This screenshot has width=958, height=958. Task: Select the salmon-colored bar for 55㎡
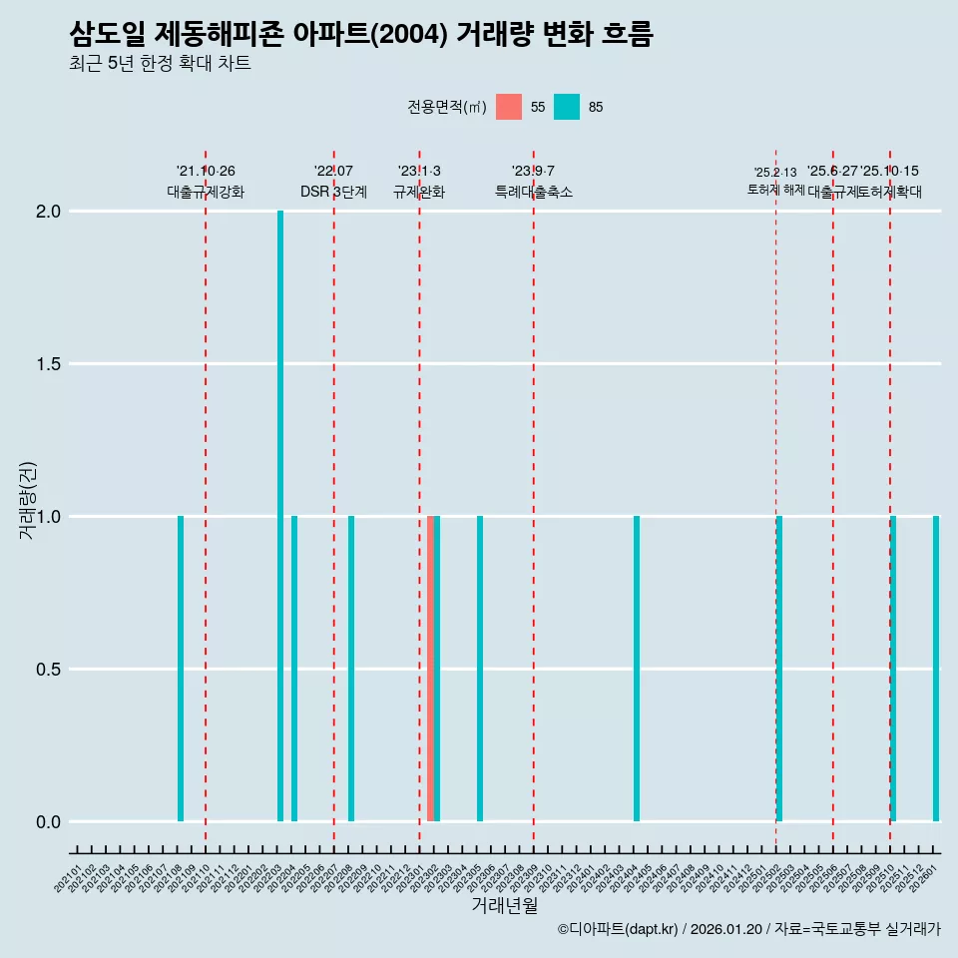tap(430, 669)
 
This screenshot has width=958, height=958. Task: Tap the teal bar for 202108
tap(181, 669)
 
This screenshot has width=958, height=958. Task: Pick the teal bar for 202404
tap(637, 669)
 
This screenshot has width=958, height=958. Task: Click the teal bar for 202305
tap(480, 669)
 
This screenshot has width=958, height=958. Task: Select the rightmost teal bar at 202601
tap(936, 669)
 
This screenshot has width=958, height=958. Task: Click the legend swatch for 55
tap(509, 107)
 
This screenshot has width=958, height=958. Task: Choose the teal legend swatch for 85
tap(567, 107)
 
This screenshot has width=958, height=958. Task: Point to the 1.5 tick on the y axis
tap(47, 364)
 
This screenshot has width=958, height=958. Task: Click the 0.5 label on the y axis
tap(47, 670)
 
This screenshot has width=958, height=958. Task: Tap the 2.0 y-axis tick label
tap(47, 212)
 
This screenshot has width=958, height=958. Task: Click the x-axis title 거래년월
tap(504, 906)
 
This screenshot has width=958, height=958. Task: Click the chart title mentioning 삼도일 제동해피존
tap(361, 35)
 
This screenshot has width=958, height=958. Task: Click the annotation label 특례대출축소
tap(534, 192)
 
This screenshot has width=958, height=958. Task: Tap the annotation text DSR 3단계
tap(333, 192)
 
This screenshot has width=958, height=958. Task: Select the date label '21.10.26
tap(206, 172)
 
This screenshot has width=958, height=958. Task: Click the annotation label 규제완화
tap(419, 192)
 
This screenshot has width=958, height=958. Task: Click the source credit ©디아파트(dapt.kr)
tap(619, 929)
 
